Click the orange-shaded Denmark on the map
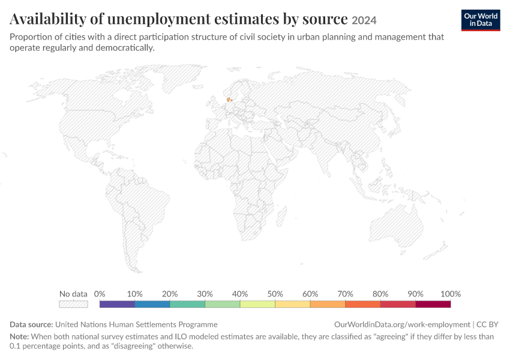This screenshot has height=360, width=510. pyautogui.click(x=229, y=100)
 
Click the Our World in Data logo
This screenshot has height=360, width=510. pyautogui.click(x=481, y=20)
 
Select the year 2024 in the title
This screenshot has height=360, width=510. pyautogui.click(x=364, y=20)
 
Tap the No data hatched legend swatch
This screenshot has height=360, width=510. pyautogui.click(x=74, y=304)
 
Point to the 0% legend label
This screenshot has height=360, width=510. pyautogui.click(x=100, y=294)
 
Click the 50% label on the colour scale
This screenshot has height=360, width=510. pyautogui.click(x=275, y=294)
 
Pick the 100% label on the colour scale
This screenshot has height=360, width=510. pyautogui.click(x=451, y=294)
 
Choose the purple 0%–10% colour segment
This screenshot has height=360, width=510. pyautogui.click(x=117, y=304)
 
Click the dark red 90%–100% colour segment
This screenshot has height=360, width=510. pyautogui.click(x=433, y=304)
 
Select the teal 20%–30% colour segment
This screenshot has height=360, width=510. pyautogui.click(x=187, y=304)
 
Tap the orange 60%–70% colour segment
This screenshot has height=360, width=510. pyautogui.click(x=328, y=304)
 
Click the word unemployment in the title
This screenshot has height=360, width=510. pyautogui.click(x=159, y=19)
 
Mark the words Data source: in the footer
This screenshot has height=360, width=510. pyautogui.click(x=31, y=325)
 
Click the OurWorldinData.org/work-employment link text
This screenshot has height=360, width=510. pyautogui.click(x=402, y=325)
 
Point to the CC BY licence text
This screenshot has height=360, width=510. pyautogui.click(x=487, y=325)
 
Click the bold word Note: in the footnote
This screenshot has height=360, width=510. pyautogui.click(x=19, y=336)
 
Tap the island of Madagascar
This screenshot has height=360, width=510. pyautogui.click(x=281, y=216)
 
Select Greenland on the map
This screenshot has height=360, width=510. pyautogui.click(x=182, y=78)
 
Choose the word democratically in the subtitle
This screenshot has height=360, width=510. pyautogui.click(x=125, y=48)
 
